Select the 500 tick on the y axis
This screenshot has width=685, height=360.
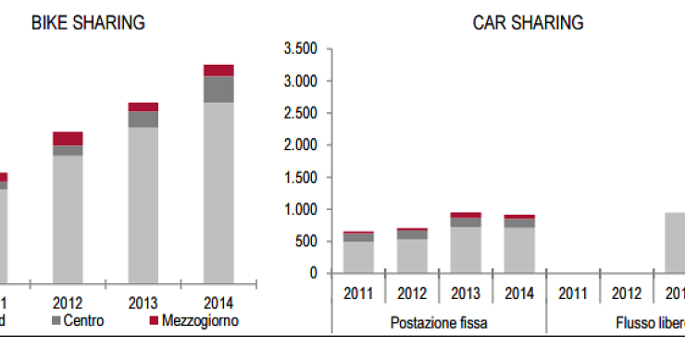click(306, 242)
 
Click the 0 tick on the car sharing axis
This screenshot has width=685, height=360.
click(315, 273)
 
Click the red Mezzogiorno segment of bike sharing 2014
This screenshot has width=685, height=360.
click(218, 70)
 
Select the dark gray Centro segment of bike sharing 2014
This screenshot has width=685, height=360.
click(218, 89)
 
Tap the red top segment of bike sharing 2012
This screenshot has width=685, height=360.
click(68, 139)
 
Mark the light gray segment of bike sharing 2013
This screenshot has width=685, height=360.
click(143, 204)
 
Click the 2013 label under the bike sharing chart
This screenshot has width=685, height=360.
click(143, 303)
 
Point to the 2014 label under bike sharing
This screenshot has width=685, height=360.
click(218, 303)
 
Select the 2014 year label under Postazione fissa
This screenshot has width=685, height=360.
click(519, 294)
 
